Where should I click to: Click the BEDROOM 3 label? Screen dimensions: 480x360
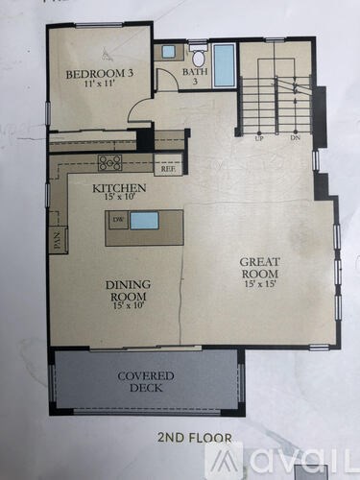pyautogui.click(x=92, y=75)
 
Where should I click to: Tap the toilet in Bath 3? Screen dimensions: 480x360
pyautogui.click(x=198, y=57)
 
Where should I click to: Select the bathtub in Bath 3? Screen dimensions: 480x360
pyautogui.click(x=224, y=65)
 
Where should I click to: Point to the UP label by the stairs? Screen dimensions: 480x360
pyautogui.click(x=259, y=137)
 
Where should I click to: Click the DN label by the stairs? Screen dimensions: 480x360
pyautogui.click(x=293, y=137)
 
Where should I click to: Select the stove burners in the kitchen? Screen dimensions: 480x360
pyautogui.click(x=110, y=162)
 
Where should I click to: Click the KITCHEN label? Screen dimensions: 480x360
pyautogui.click(x=119, y=188)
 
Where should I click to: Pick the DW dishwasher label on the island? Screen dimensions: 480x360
pyautogui.click(x=117, y=221)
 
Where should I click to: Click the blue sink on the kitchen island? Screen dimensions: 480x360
pyautogui.click(x=144, y=221)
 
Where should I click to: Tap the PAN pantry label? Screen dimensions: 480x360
pyautogui.click(x=57, y=239)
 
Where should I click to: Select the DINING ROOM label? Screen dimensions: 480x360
pyautogui.click(x=126, y=289)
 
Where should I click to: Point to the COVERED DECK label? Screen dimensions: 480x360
pyautogui.click(x=146, y=381)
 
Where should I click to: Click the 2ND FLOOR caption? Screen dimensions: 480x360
pyautogui.click(x=195, y=438)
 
